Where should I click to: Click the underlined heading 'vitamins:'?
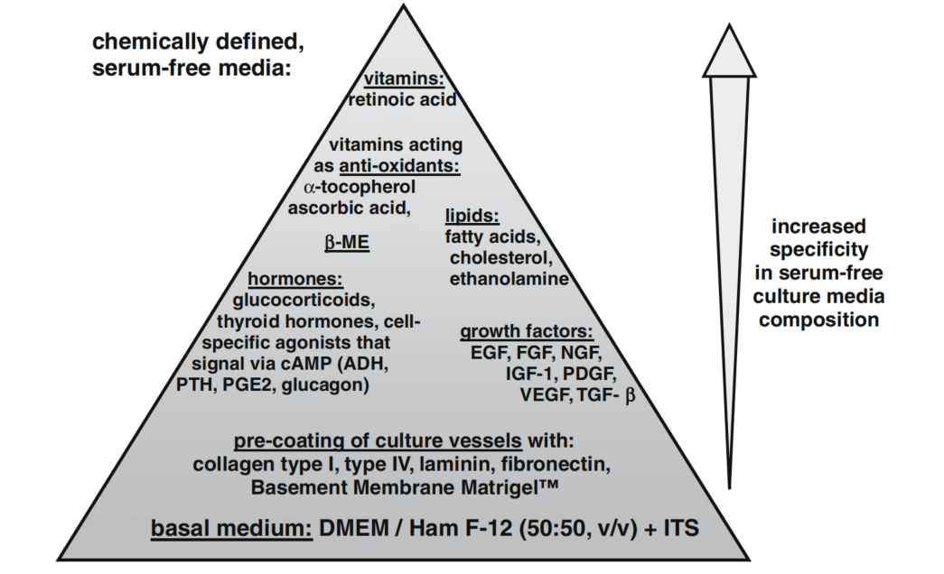pos(402,79)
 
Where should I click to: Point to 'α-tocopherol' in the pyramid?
pos(360,187)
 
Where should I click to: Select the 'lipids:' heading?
pos(472,217)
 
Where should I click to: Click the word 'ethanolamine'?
pos(509,279)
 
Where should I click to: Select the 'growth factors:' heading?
pos(526,331)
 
